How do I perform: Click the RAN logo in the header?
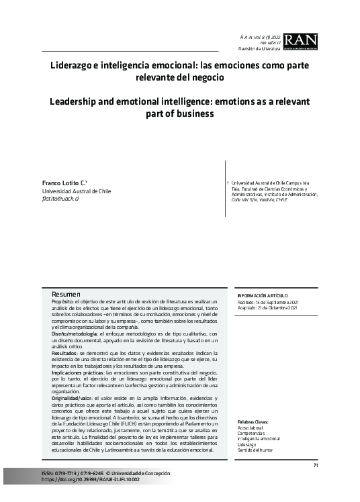300,42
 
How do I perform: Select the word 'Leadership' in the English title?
75,102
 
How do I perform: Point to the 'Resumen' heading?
66,295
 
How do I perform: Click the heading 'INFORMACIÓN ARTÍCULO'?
263,295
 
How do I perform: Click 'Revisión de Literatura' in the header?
261,49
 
